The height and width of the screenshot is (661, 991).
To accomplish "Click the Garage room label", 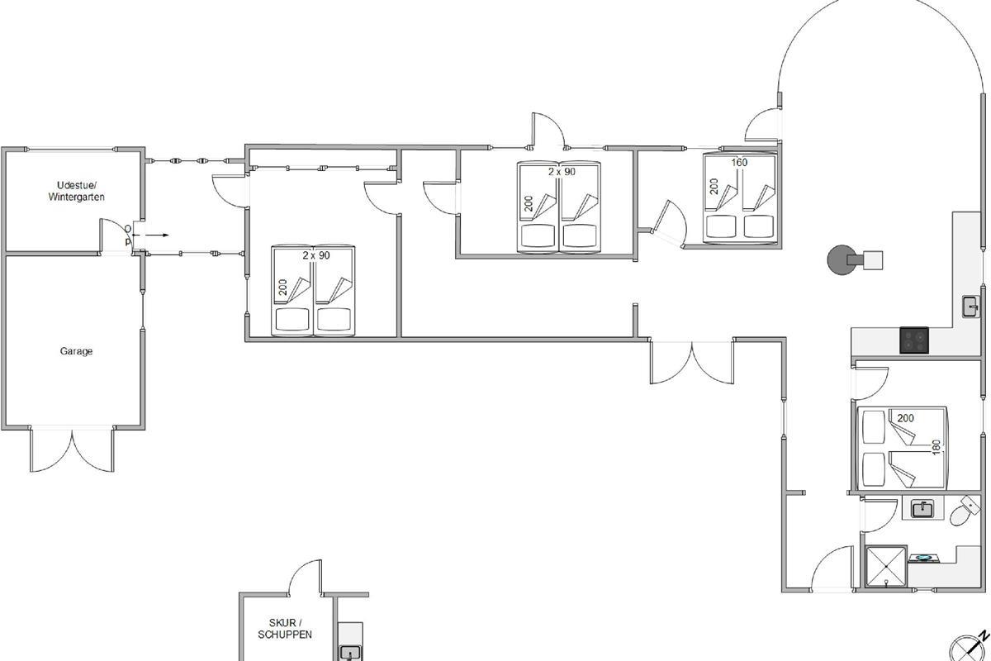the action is point(76,351).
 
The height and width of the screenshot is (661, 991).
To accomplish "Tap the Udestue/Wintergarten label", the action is point(76,191).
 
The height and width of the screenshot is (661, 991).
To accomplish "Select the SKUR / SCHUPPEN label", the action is point(285,629).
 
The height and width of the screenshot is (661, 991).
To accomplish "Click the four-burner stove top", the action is point(914,340).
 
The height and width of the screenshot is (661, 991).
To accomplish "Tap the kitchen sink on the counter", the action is point(971,307).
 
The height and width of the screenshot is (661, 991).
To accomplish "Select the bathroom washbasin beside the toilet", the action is point(923,508).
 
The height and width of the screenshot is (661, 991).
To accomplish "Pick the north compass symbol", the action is point(969,646).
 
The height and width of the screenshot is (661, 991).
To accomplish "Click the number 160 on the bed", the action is point(739,163).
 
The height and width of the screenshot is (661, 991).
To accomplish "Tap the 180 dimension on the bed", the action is point(936,448).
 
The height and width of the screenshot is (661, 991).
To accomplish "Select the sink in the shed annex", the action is point(351,653).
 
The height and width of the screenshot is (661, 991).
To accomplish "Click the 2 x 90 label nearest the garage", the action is point(316,255).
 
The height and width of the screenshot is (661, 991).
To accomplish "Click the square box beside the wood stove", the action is point(873,260).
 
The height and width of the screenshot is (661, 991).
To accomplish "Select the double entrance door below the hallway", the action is point(692,362).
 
